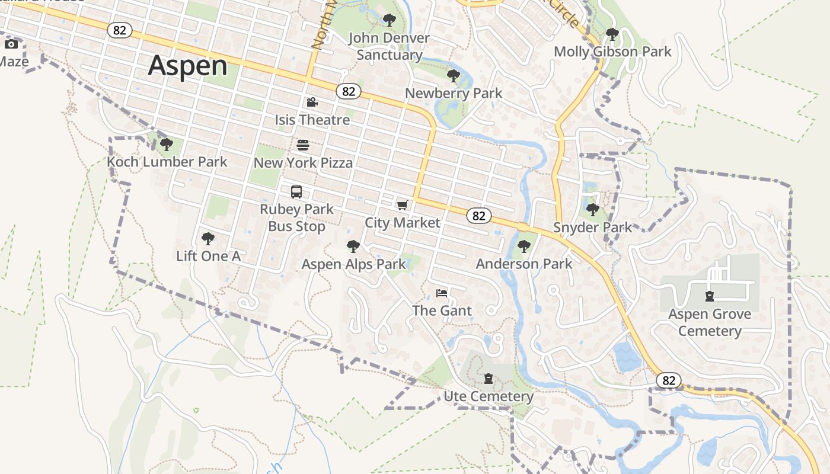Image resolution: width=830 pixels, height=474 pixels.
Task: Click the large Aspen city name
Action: pos(187,66)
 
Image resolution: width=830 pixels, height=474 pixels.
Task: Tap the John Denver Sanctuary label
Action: pos(389,46)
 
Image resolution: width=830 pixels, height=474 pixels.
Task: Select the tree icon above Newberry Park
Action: pos(454,76)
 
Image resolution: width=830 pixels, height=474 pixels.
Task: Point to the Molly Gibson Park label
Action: pos(612,52)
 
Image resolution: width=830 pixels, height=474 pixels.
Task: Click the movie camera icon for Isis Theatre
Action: pos(312,103)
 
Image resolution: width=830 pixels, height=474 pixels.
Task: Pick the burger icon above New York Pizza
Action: pos(303,145)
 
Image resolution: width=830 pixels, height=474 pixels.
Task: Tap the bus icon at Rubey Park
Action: pos(296,192)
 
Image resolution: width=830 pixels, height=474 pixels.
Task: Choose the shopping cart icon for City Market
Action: pos(403,206)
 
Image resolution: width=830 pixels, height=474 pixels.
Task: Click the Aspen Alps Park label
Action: pos(353,264)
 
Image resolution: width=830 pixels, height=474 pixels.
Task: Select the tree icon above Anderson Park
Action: pos(523,246)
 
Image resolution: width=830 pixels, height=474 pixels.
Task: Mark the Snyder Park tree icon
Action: pos(592,210)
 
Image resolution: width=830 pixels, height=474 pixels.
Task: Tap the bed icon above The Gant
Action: pos(442,293)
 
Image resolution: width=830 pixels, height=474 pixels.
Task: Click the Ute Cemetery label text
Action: pos(489,396)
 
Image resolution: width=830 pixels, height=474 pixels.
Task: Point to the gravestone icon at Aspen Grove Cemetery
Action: pos(710,296)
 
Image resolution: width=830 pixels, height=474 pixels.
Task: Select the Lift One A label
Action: pos(208,256)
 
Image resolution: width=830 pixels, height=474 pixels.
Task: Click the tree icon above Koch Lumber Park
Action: pos(167,145)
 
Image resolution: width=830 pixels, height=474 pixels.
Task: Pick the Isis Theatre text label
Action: pos(312,120)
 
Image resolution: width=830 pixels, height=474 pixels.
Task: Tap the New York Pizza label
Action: pos(303,162)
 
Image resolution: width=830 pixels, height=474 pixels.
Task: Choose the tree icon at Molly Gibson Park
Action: pos(612,34)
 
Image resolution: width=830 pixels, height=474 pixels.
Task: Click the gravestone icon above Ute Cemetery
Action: pos(489,379)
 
